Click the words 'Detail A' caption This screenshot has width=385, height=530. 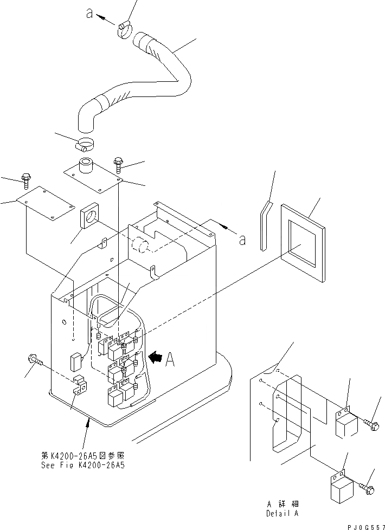(281, 513)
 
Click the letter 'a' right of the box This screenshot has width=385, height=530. (242, 240)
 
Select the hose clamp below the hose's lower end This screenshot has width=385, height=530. (84, 145)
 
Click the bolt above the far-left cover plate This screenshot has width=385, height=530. (25, 178)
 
